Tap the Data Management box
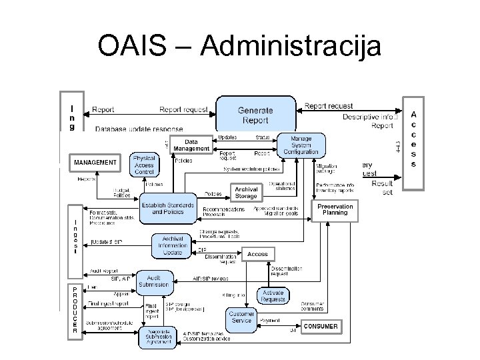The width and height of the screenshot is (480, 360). click(x=191, y=145)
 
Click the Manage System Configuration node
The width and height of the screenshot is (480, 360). click(x=300, y=145)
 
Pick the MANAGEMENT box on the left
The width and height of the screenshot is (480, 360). click(x=95, y=162)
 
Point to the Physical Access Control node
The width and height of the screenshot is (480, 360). click(x=144, y=165)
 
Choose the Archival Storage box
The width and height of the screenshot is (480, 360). click(x=245, y=193)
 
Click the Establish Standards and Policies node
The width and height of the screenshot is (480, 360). click(x=168, y=208)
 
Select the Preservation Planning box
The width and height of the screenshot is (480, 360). click(x=335, y=210)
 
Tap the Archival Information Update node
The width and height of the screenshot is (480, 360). click(x=173, y=245)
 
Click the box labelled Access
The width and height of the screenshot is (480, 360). click(x=257, y=254)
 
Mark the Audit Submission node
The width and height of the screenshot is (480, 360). click(x=154, y=281)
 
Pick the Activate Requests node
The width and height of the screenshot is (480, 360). click(x=273, y=296)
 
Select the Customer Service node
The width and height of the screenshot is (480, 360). click(x=241, y=317)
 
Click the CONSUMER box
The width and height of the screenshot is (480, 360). click(x=321, y=327)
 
